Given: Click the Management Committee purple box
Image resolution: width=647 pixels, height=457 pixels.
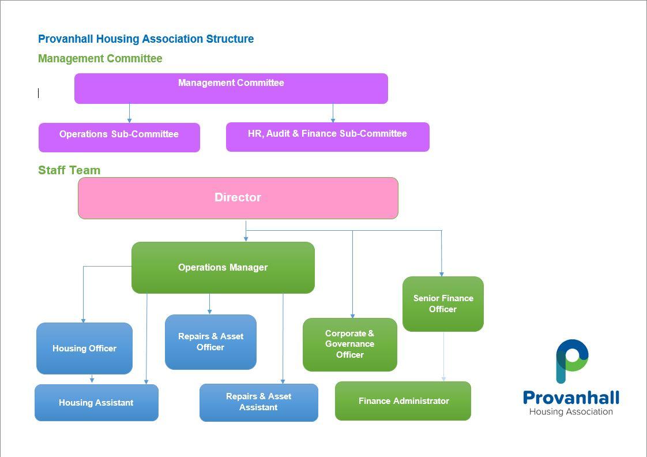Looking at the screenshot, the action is [x=231, y=88].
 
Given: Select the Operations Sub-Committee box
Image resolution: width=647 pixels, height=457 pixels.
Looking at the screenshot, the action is [x=119, y=137].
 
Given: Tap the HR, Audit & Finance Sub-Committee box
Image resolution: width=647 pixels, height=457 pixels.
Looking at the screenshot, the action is [x=328, y=137].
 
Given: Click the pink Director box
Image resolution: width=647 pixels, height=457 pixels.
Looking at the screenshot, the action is [x=238, y=198].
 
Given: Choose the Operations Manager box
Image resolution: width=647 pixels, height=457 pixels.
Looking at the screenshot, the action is [x=223, y=268].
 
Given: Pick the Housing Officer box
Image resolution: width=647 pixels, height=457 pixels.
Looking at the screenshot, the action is [x=85, y=349].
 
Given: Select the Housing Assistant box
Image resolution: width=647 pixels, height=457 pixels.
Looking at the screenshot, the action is [x=96, y=403].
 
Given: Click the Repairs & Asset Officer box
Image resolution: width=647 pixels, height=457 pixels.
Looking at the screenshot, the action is [x=210, y=342].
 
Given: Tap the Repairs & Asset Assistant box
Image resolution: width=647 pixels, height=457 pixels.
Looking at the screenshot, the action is [x=259, y=403].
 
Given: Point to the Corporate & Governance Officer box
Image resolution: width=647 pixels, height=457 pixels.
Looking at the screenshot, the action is [x=350, y=344].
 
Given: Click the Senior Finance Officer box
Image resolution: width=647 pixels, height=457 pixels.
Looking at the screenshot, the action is [x=443, y=304].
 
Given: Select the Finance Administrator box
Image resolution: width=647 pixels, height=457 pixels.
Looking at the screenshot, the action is [x=403, y=401].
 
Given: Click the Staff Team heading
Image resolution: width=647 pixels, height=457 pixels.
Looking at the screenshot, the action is [x=69, y=170].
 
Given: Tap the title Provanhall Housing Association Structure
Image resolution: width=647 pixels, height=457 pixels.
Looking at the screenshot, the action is [x=146, y=39].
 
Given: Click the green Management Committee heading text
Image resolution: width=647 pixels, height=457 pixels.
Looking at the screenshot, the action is [x=100, y=58].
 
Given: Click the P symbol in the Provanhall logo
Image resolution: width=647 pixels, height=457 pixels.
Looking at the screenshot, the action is [x=572, y=361].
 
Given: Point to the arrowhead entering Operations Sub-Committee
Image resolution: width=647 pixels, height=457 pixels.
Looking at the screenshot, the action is [x=129, y=120].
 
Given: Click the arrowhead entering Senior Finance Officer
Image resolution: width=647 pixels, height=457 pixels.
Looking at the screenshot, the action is [x=442, y=274].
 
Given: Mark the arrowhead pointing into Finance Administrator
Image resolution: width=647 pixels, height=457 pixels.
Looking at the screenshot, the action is [x=443, y=379].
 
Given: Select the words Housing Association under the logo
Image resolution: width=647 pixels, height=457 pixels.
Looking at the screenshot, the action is [x=571, y=411].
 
